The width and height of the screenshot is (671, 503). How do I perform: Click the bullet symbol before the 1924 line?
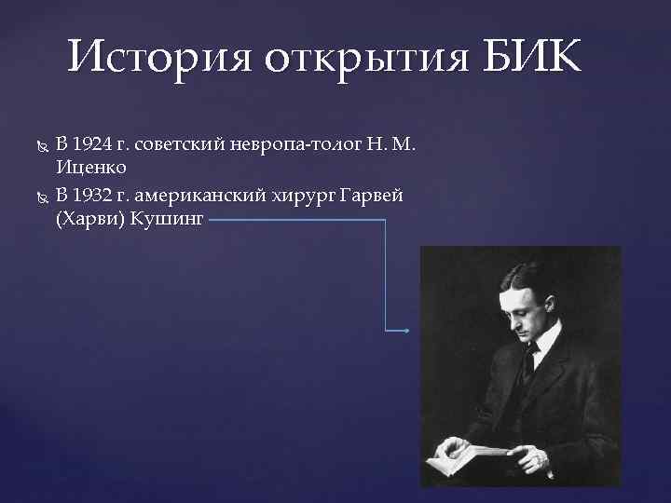[38, 145]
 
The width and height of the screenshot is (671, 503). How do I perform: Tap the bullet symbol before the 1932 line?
[38, 195]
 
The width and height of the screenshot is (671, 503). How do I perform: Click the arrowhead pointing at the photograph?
[406, 331]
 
